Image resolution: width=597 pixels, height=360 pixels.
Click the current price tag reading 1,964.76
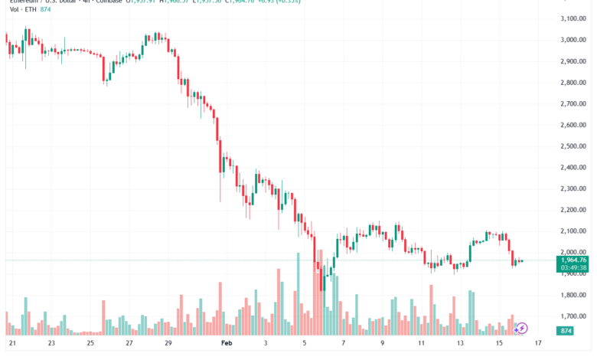point(573,260)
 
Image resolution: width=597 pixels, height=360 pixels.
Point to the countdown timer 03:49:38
point(573,268)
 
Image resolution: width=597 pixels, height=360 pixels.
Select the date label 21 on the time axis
point(11,343)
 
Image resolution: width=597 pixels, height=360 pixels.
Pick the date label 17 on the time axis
point(538,343)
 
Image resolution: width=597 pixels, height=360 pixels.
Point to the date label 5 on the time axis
point(304,343)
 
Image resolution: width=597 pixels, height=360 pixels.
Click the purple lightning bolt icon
point(522,328)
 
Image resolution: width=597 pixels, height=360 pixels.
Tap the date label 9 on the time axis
point(382,343)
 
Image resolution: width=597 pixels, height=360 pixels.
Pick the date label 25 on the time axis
point(90,343)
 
